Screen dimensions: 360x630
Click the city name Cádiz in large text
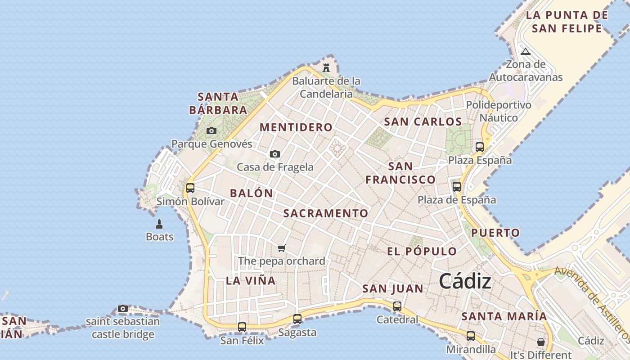[465, 282]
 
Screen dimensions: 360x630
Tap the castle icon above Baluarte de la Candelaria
[326, 68]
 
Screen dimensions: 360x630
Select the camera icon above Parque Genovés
[211, 131]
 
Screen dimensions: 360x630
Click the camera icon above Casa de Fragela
[275, 154]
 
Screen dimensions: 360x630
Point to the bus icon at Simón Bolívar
[190, 188]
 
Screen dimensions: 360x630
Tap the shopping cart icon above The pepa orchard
[282, 248]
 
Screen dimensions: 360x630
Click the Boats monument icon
[159, 224]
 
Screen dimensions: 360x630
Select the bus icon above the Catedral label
[397, 306]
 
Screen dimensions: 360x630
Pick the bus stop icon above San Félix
[242, 327]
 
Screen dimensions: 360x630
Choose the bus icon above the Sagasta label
[297, 319]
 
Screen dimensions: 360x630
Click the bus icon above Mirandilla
[471, 336]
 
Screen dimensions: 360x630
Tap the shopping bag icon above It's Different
[541, 342]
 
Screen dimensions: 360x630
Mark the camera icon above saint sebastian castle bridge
[123, 309]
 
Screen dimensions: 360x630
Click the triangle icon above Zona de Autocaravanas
[526, 51]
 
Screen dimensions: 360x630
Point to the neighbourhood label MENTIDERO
[296, 127]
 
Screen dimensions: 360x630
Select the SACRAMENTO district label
[326, 213]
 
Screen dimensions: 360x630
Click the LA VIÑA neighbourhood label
[251, 281]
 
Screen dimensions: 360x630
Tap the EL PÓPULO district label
[422, 252]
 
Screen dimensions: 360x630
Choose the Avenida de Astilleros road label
[593, 304]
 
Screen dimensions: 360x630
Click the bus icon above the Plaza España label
[480, 147]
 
